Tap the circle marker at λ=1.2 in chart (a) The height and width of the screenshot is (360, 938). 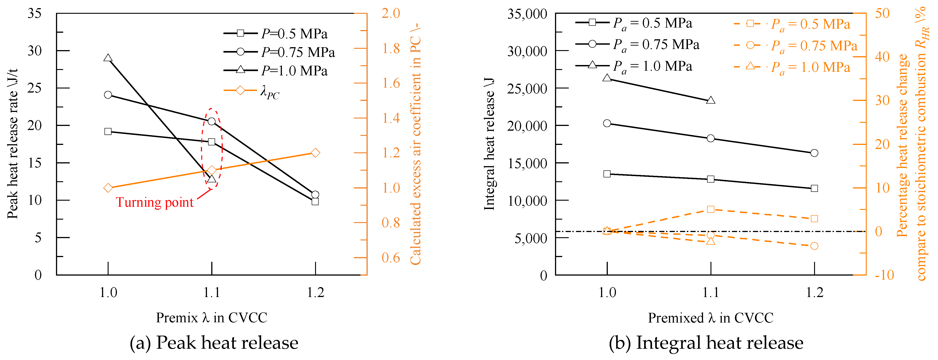(315, 194)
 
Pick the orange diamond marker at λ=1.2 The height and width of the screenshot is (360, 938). (315, 153)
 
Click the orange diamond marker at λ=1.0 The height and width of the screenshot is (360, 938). (108, 188)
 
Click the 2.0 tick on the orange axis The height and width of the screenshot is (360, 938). (391, 14)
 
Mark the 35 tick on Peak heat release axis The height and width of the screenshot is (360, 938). (35, 14)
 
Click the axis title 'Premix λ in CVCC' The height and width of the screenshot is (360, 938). (211, 318)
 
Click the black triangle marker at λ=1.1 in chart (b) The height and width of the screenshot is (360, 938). (710, 100)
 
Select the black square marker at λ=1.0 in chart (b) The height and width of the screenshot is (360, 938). (607, 174)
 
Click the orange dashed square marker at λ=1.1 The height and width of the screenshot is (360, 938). (710, 209)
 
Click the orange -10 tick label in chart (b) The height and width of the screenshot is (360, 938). (884, 275)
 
